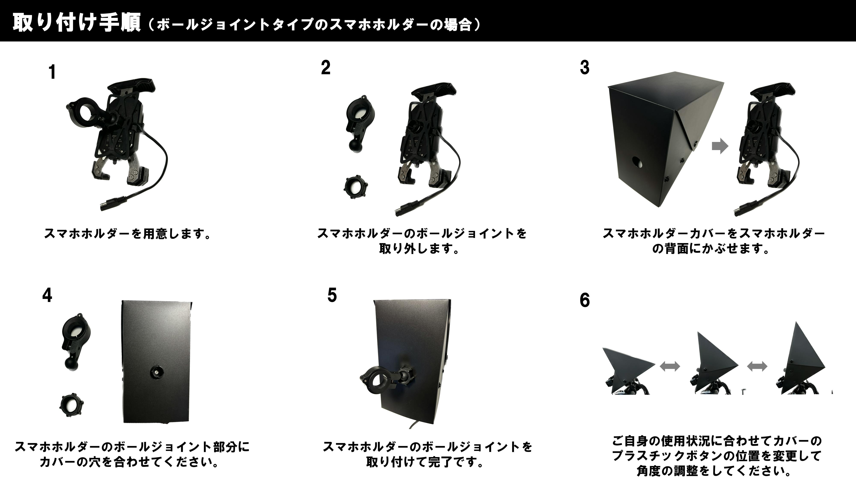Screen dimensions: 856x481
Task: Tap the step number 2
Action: click(x=326, y=68)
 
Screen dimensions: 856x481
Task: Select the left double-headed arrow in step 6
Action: click(x=670, y=366)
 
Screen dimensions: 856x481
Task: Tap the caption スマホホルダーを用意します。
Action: click(x=128, y=234)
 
